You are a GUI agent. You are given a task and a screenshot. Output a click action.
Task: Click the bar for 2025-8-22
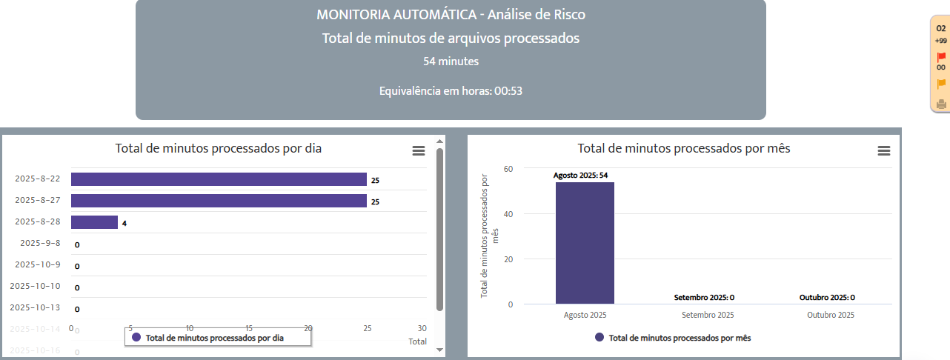219,179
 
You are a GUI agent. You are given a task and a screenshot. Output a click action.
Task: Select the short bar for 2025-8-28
94,222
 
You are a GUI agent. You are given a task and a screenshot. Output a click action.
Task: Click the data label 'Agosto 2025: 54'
580,176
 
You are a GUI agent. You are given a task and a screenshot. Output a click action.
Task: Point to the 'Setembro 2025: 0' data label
704,298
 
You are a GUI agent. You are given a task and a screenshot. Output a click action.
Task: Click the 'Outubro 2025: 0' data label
827,298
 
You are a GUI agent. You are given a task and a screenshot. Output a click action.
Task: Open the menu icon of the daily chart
419,150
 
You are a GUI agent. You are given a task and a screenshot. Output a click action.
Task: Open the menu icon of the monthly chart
883,150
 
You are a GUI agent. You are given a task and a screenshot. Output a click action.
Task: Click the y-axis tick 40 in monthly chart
508,214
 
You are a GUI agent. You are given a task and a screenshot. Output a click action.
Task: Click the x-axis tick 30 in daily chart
422,328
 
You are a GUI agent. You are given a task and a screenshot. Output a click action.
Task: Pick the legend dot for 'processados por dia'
136,337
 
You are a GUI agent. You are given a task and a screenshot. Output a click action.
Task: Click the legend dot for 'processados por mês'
599,337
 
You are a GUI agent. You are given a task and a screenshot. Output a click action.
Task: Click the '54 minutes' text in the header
451,61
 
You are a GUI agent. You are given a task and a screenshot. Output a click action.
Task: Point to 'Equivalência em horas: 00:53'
451,91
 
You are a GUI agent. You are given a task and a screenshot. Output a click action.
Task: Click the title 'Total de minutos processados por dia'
219,148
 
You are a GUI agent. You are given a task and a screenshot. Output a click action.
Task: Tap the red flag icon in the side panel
941,57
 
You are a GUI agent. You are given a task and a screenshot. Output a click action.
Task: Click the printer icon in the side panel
941,104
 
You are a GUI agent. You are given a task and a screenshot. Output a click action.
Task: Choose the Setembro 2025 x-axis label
708,315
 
